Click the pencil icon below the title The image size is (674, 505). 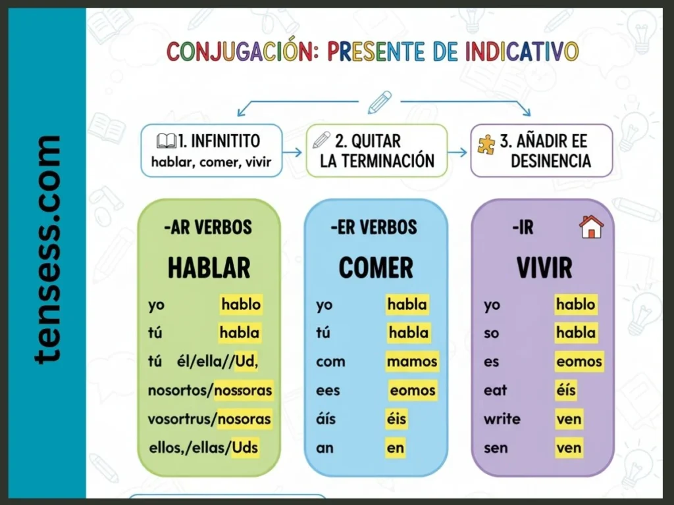click(379, 103)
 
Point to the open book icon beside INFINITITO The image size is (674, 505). click(167, 141)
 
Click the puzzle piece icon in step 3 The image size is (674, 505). click(486, 144)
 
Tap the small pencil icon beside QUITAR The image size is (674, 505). click(322, 140)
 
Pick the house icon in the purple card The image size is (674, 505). click(591, 227)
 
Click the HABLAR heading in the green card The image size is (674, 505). click(209, 268)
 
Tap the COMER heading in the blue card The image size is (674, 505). click(376, 268)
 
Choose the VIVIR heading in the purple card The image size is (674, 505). click(544, 268)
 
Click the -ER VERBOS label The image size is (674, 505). click(374, 228)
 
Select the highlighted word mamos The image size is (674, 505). click(412, 361)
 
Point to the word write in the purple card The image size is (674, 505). click(502, 419)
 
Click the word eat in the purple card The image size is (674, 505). click(495, 390)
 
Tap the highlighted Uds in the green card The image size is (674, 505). click(245, 448)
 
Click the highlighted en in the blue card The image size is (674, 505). click(396, 448)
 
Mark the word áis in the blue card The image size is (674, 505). click(326, 419)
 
